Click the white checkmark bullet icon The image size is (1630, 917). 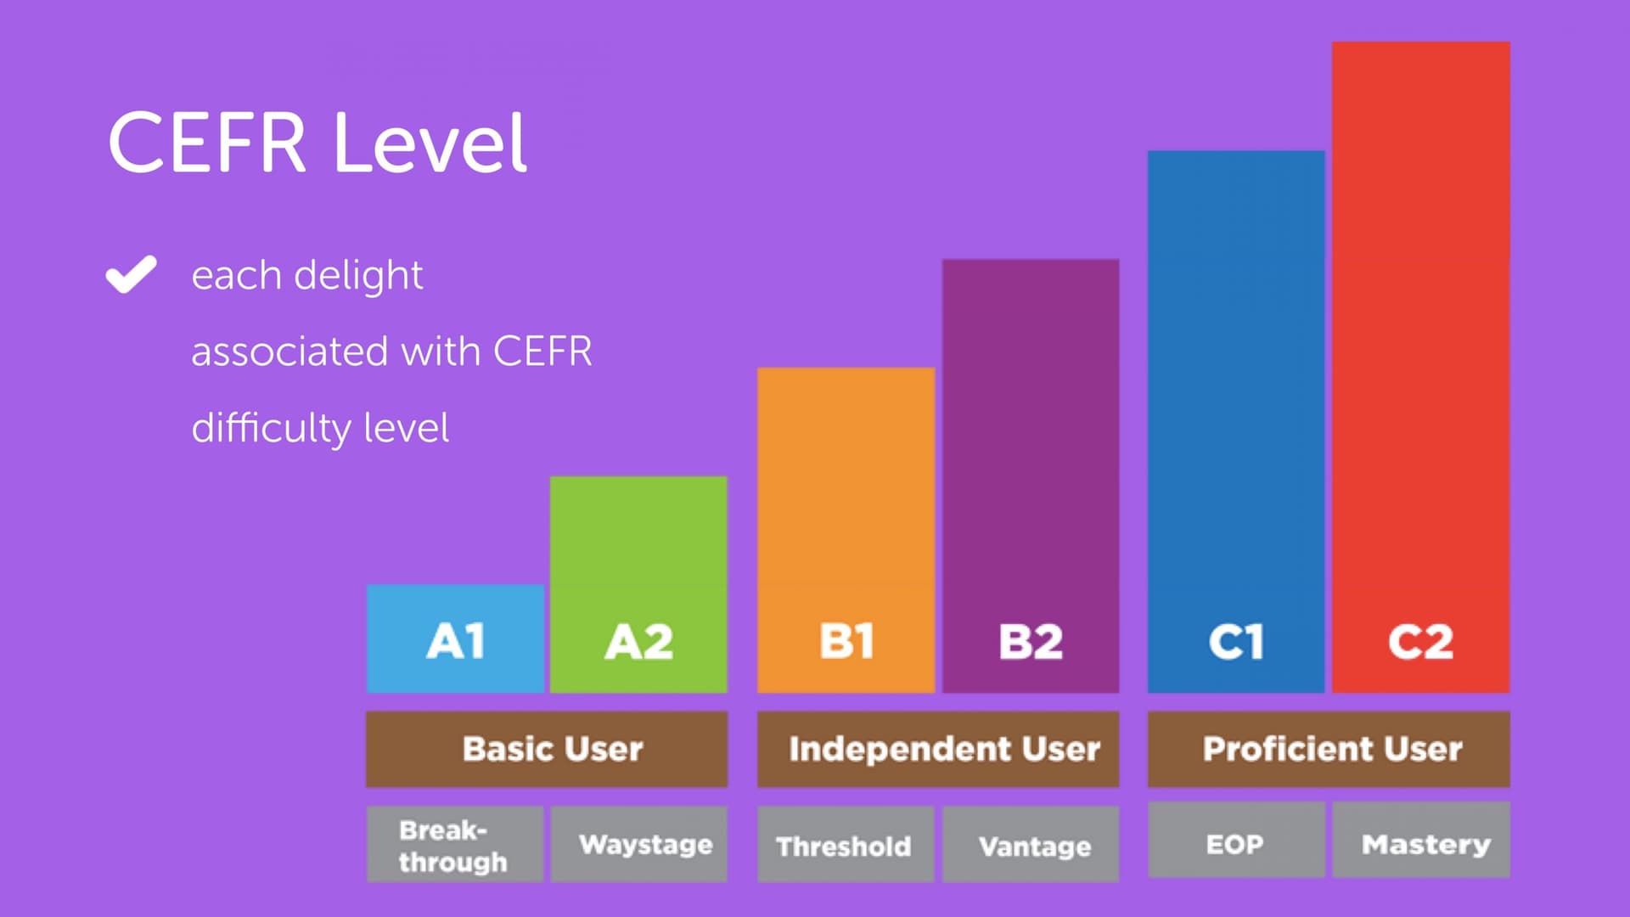coord(131,274)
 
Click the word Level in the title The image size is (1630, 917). coord(430,143)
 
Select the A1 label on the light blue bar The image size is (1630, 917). coord(456,641)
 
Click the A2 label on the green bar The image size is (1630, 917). coord(639,641)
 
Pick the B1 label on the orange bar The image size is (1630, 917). coord(846,641)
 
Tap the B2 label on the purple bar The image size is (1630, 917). coord(1031,641)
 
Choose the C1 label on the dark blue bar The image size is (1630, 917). coord(1236,641)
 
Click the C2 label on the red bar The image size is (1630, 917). coord(1420,641)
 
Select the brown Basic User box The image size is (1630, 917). coord(547,749)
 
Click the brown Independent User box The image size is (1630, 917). coord(938,749)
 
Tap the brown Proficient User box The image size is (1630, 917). coord(1329,749)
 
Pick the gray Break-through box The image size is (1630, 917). coord(455,844)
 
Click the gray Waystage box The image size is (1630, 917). coord(639,844)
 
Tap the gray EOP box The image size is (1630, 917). coord(1236,840)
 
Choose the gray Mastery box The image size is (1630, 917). coord(1421,840)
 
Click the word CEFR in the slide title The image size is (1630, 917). coord(207,143)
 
